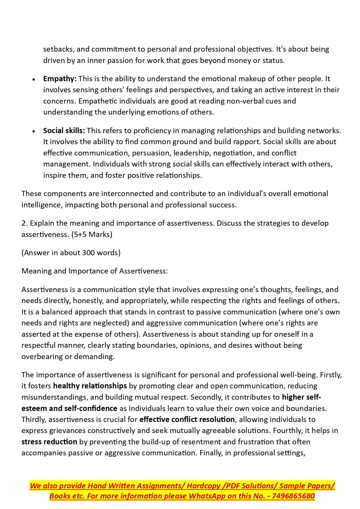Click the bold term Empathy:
point(60,79)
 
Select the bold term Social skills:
point(64,131)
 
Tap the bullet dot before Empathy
point(34,79)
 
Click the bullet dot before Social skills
point(34,131)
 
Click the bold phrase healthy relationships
point(90,386)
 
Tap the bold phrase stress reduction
point(49,442)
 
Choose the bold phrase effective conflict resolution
point(187,419)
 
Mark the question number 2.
point(23,223)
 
